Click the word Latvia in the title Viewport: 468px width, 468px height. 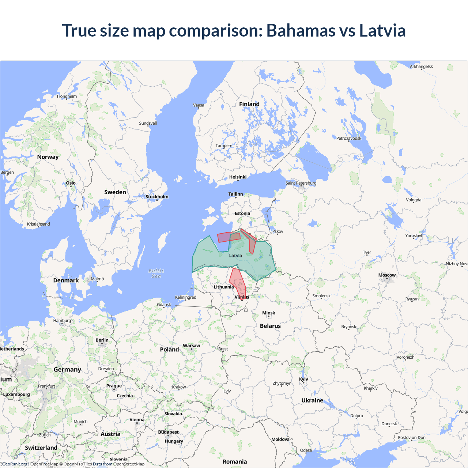pos(382,30)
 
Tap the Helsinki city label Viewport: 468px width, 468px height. pos(238,177)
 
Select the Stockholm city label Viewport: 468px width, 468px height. pos(157,197)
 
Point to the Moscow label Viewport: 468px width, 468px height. pos(387,275)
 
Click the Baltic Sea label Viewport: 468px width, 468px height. pos(156,273)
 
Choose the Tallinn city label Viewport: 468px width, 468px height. pos(235,194)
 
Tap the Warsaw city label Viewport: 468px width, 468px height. pos(191,346)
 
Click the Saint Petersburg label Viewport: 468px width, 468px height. pos(301,183)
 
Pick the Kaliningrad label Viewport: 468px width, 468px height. pos(186,297)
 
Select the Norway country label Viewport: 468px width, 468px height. pos(48,157)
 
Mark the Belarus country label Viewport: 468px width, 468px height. pos(270,326)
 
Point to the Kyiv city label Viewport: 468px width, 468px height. pos(303,379)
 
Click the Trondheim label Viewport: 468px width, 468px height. pos(67,97)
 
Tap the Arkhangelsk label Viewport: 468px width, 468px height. pos(421,67)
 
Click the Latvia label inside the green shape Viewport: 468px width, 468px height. pos(235,256)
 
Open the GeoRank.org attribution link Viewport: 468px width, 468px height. pos(15,464)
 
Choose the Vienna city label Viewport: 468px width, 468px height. pos(137,420)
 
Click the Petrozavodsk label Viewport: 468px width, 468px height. pos(348,138)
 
